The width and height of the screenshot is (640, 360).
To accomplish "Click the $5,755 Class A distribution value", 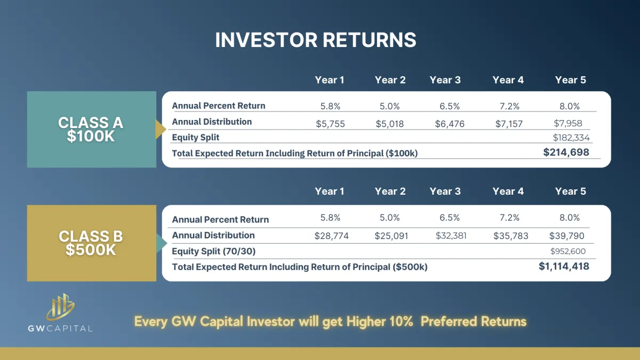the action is [x=330, y=124].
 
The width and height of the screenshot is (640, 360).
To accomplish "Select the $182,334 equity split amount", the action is [x=571, y=138].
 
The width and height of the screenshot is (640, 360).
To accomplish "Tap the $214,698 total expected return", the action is [x=566, y=153].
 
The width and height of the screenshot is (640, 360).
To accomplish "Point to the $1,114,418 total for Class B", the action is [x=564, y=266].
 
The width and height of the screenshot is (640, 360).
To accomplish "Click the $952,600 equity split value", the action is [x=567, y=251].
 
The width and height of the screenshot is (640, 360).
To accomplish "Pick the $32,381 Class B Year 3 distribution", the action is [x=451, y=236].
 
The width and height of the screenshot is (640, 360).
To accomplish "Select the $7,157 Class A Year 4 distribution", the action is [x=509, y=124].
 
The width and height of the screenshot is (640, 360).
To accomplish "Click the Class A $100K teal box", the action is [x=91, y=129].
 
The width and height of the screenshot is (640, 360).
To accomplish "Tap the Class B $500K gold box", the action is [x=91, y=243].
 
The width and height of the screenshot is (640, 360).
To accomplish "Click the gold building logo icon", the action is [x=60, y=307].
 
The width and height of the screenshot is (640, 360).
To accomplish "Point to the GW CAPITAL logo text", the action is [x=60, y=329].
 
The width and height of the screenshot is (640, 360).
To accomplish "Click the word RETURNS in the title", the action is [x=370, y=39].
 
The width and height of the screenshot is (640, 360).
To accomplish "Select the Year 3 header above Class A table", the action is [x=445, y=80].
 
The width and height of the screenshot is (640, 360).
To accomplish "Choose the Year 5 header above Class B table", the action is [x=570, y=191].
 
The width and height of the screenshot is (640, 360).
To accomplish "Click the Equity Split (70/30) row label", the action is [x=214, y=251].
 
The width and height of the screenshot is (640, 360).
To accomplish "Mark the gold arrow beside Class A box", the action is [x=161, y=129].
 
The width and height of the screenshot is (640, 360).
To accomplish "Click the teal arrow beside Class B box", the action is [x=162, y=243].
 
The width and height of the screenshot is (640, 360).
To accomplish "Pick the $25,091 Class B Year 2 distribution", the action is [x=391, y=236].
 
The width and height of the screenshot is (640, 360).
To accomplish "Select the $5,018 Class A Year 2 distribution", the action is [x=390, y=124].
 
